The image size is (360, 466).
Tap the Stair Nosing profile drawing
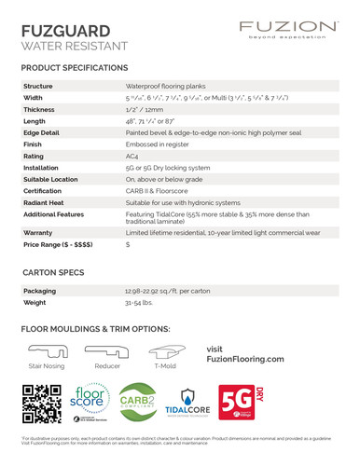click(47, 351)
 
